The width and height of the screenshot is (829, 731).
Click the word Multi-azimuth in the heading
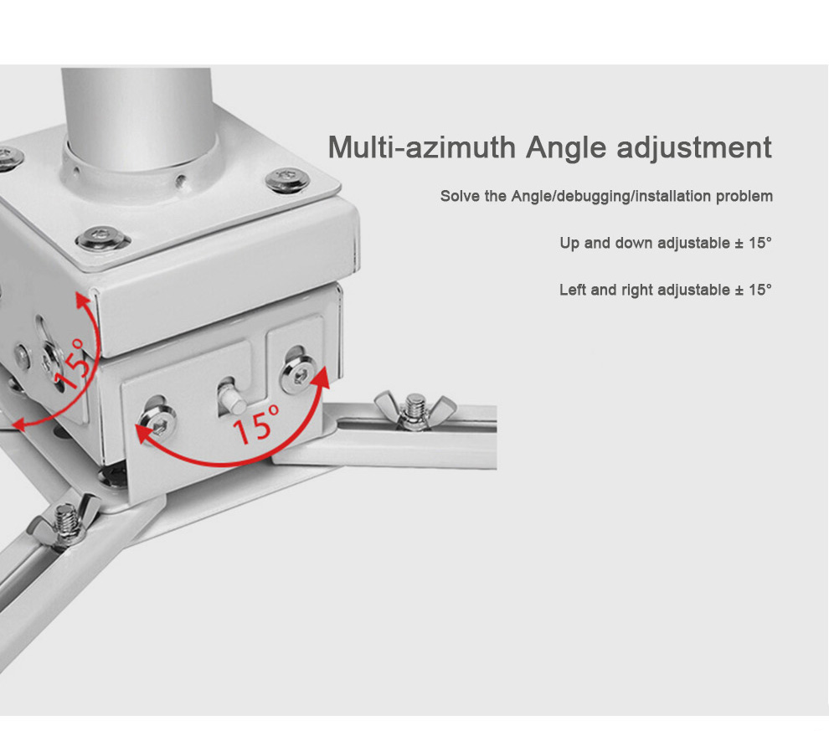(x=421, y=147)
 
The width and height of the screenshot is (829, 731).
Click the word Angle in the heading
(x=566, y=148)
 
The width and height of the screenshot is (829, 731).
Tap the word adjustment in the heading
(x=694, y=148)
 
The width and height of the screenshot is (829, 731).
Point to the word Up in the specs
(x=569, y=244)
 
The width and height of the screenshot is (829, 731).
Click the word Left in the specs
(x=573, y=290)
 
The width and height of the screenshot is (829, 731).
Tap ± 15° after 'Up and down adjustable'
(x=754, y=243)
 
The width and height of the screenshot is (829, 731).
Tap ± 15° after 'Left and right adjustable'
(x=754, y=290)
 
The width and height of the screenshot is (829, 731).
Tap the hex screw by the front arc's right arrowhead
(x=299, y=375)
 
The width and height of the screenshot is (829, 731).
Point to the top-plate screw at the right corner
(x=287, y=180)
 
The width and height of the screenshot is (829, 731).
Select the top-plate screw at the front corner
(x=102, y=238)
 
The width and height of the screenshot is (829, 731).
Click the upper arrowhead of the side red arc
(x=82, y=301)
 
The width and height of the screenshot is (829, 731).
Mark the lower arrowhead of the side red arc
(x=19, y=425)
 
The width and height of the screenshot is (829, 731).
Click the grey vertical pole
(x=138, y=119)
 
